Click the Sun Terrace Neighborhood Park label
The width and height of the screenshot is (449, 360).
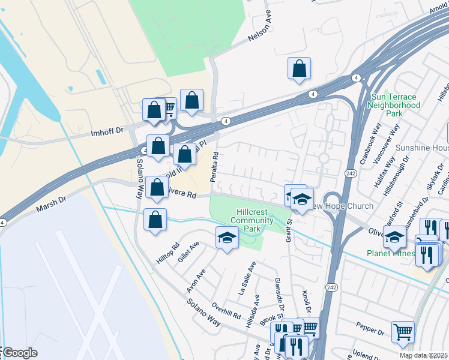(394, 104)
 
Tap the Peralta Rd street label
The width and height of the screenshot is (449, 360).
(214, 167)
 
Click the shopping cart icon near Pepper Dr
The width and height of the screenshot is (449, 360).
(403, 331)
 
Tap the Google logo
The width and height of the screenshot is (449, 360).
(19, 353)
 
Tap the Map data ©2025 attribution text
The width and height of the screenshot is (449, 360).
(424, 355)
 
